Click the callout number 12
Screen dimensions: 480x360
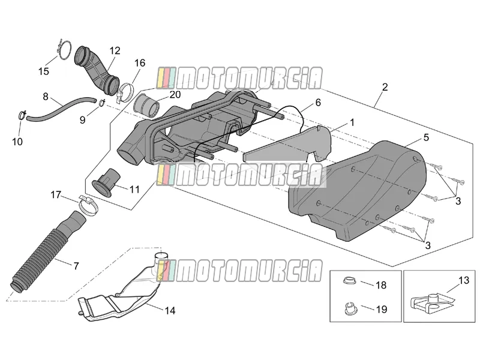115,51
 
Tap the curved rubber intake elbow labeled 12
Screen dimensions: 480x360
97,70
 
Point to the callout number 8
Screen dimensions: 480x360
46,97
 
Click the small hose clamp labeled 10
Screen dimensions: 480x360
22,115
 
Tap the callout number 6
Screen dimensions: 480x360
318,103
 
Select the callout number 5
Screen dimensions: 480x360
426,137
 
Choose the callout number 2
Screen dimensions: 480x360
385,87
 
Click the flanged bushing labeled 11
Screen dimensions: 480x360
106,182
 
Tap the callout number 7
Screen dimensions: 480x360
76,266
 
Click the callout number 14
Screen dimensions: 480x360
170,311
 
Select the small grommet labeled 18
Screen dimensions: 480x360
349,280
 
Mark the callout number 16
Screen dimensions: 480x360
140,63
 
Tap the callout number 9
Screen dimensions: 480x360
82,120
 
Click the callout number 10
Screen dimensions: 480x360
17,142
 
